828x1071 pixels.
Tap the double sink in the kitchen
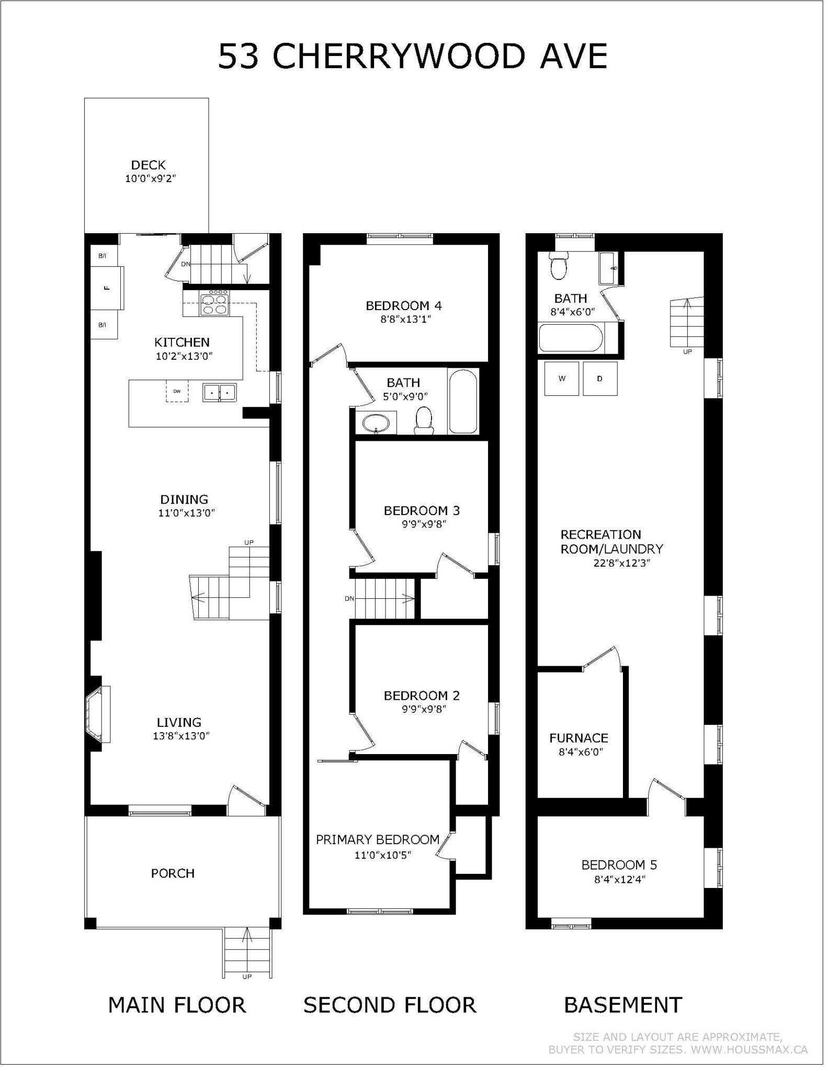click(x=220, y=392)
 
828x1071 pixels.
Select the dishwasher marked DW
click(x=177, y=391)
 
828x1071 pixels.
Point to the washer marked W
click(x=562, y=379)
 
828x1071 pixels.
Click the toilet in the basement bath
click(x=559, y=266)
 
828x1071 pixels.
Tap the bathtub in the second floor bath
click(x=463, y=401)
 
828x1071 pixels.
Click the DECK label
click(x=149, y=165)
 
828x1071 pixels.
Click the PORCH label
click(x=173, y=873)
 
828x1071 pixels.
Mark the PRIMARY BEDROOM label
click(x=378, y=840)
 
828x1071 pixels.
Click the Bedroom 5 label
click(x=619, y=865)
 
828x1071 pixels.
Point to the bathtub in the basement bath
click(x=571, y=338)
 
